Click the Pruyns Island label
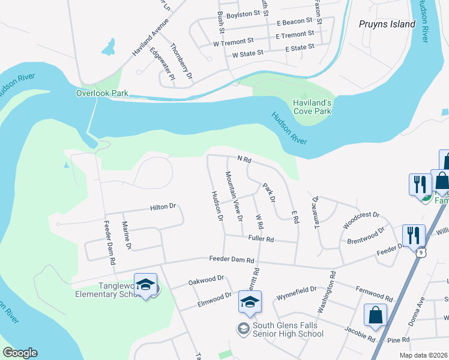pos(387,25)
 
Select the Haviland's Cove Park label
pos(312,107)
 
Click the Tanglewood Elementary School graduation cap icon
pos(145,285)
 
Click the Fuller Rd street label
pos(261,239)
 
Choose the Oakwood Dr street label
pos(206,279)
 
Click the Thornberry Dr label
pos(181,62)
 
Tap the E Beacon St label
pos(295,22)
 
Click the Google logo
pos(20,353)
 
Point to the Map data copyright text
pos(423,355)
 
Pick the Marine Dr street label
pos(127,236)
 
